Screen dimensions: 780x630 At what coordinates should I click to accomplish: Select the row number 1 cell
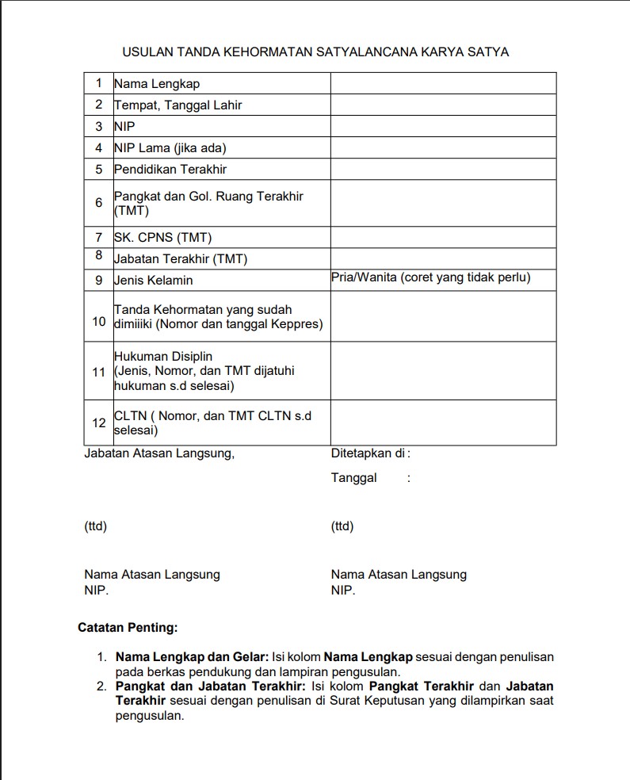99,83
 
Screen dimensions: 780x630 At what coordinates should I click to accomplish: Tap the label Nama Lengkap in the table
157,83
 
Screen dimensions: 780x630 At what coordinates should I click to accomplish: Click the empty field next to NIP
443,126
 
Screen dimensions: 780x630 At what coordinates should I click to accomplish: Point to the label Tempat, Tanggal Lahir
178,105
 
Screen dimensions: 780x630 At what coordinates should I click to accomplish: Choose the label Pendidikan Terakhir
170,169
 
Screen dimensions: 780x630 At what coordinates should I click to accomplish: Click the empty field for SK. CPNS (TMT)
443,237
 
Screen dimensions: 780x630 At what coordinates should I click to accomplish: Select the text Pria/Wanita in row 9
364,277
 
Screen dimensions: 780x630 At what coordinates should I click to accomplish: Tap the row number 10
99,321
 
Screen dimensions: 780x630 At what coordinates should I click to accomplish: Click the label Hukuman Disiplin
163,357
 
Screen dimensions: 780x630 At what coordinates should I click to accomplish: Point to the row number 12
99,423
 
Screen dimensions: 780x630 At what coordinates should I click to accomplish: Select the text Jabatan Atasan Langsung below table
159,454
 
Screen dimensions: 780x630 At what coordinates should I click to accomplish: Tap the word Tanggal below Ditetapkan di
354,478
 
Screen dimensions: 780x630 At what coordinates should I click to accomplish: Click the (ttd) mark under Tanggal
342,526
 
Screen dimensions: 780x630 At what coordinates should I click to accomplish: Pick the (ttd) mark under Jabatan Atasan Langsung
95,526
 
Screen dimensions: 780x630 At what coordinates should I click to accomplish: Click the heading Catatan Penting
128,628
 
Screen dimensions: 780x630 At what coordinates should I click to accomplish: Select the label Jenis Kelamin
154,280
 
